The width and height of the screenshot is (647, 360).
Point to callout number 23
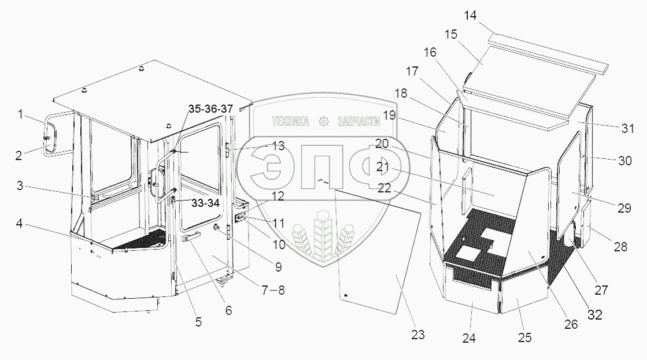pos(418,333)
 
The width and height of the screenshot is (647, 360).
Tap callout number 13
pos(278,146)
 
